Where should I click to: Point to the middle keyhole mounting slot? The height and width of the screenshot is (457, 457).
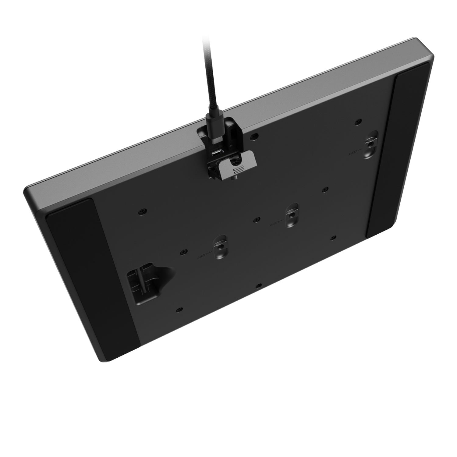click(x=292, y=215)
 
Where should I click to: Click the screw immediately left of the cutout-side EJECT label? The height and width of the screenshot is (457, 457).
click(x=183, y=251)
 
